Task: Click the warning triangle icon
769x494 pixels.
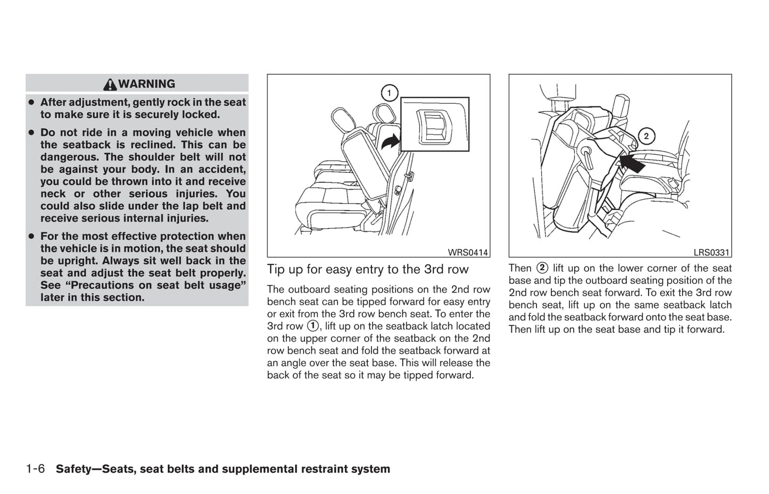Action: tap(111, 84)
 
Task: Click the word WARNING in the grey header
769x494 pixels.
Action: tap(147, 84)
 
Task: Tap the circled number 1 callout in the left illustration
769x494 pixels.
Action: tap(389, 94)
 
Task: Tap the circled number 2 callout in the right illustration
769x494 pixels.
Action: tap(646, 136)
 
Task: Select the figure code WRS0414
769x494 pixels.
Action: tap(468, 253)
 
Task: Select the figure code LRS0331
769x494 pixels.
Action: tap(711, 253)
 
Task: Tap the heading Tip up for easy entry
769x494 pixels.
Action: tap(368, 270)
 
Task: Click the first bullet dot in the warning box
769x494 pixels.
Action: tap(31, 102)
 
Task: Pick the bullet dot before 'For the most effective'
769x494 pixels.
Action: tap(31, 236)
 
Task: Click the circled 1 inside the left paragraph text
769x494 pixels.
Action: tap(313, 326)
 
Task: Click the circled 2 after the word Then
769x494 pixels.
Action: tap(542, 268)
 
